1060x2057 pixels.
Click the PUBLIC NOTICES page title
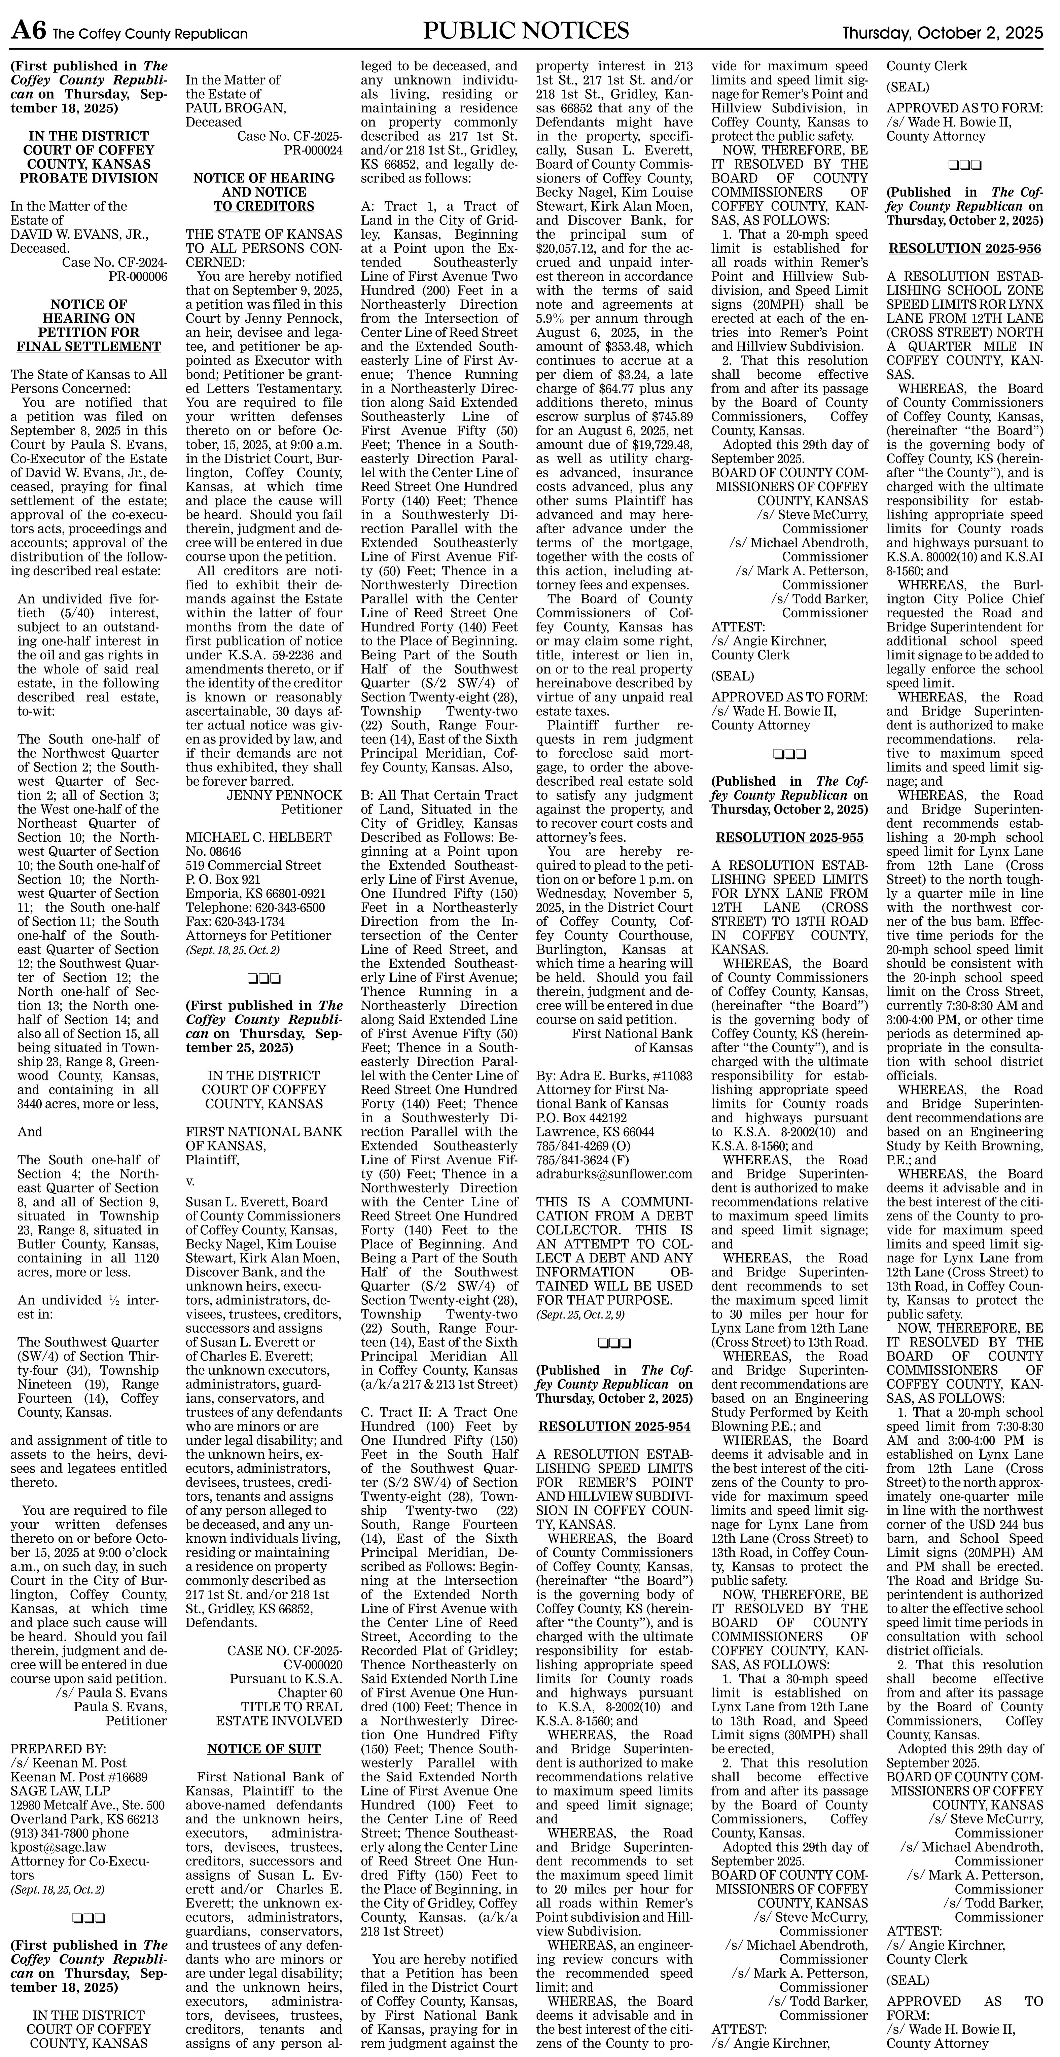(x=526, y=31)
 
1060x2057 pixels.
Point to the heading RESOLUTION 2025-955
(x=789, y=838)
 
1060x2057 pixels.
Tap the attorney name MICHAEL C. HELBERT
(x=259, y=838)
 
